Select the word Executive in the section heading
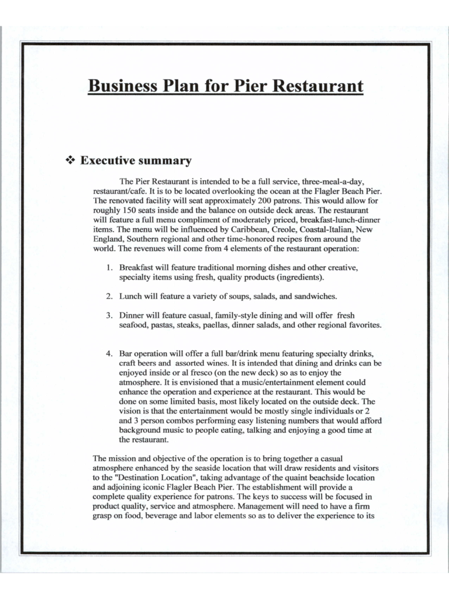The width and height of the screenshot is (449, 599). click(107, 160)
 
